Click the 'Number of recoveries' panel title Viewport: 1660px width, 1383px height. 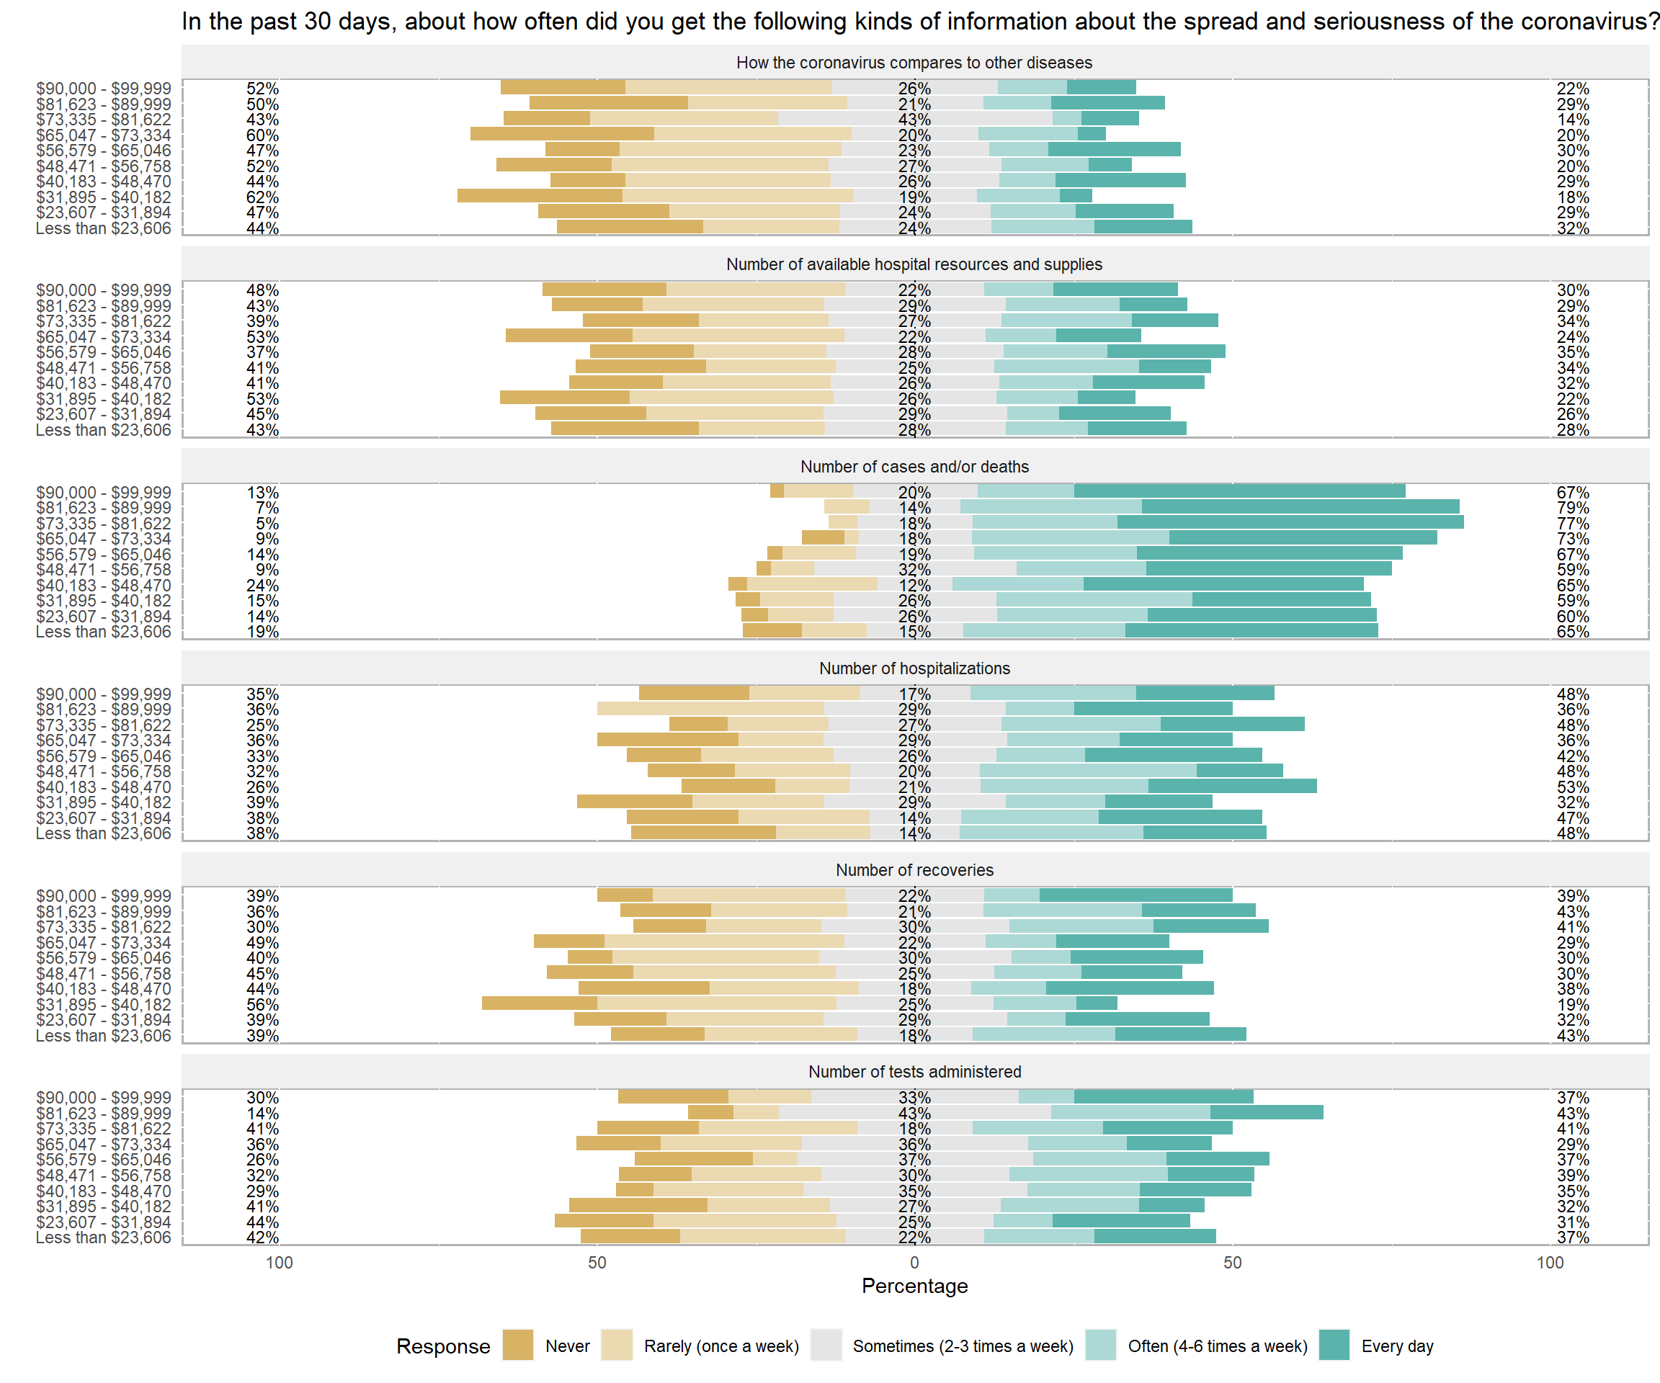(x=914, y=870)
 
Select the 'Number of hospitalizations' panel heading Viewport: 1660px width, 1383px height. (x=914, y=668)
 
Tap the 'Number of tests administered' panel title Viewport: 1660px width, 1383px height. (x=914, y=1072)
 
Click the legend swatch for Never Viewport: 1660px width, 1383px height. (x=518, y=1345)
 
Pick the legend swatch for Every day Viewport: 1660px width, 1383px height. (x=1334, y=1345)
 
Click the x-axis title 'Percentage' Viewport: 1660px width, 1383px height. (x=914, y=1286)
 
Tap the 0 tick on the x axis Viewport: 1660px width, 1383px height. (x=914, y=1262)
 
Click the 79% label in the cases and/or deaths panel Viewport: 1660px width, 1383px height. (x=1572, y=507)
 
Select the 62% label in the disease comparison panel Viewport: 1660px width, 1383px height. (x=262, y=197)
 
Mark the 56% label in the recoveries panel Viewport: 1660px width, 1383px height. (x=262, y=1004)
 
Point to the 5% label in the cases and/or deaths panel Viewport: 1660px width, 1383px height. (x=267, y=523)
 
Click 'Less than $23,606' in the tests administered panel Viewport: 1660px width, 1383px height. (x=103, y=1237)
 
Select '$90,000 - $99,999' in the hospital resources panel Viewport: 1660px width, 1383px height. (x=103, y=290)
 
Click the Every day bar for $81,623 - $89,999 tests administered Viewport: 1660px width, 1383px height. (x=1267, y=1113)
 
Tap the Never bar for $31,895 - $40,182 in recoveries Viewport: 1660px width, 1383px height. (x=539, y=1003)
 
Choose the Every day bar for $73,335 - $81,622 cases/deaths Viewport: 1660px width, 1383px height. (x=1290, y=522)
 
